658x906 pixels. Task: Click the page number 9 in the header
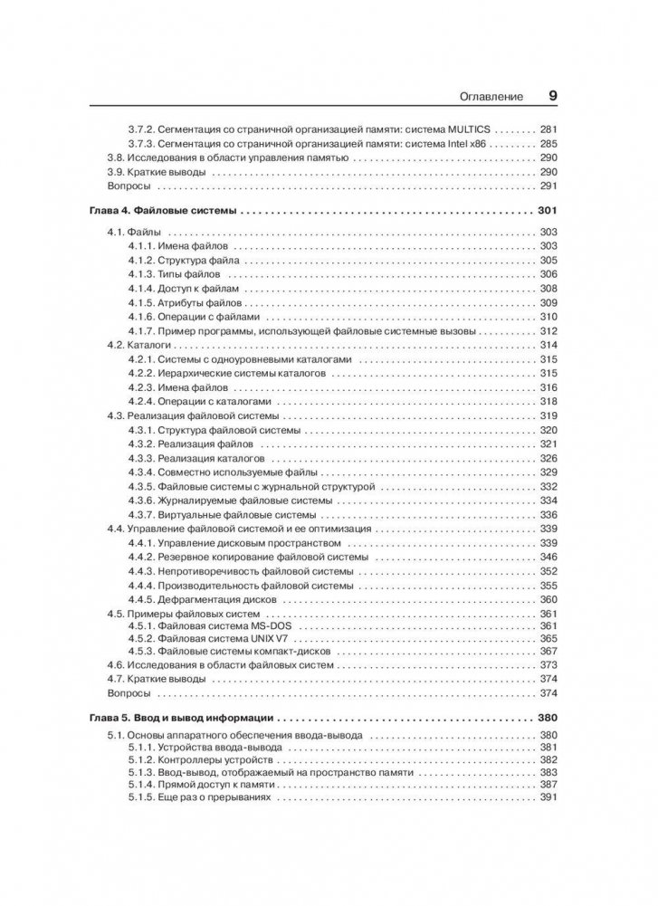552,94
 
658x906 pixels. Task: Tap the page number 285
548,144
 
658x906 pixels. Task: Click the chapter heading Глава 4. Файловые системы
163,211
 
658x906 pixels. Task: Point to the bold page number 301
548,211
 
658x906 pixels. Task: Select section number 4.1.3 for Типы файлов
140,274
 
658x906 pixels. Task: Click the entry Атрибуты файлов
196,302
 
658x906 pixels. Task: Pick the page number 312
548,331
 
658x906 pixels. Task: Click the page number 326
548,458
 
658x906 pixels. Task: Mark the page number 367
548,652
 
